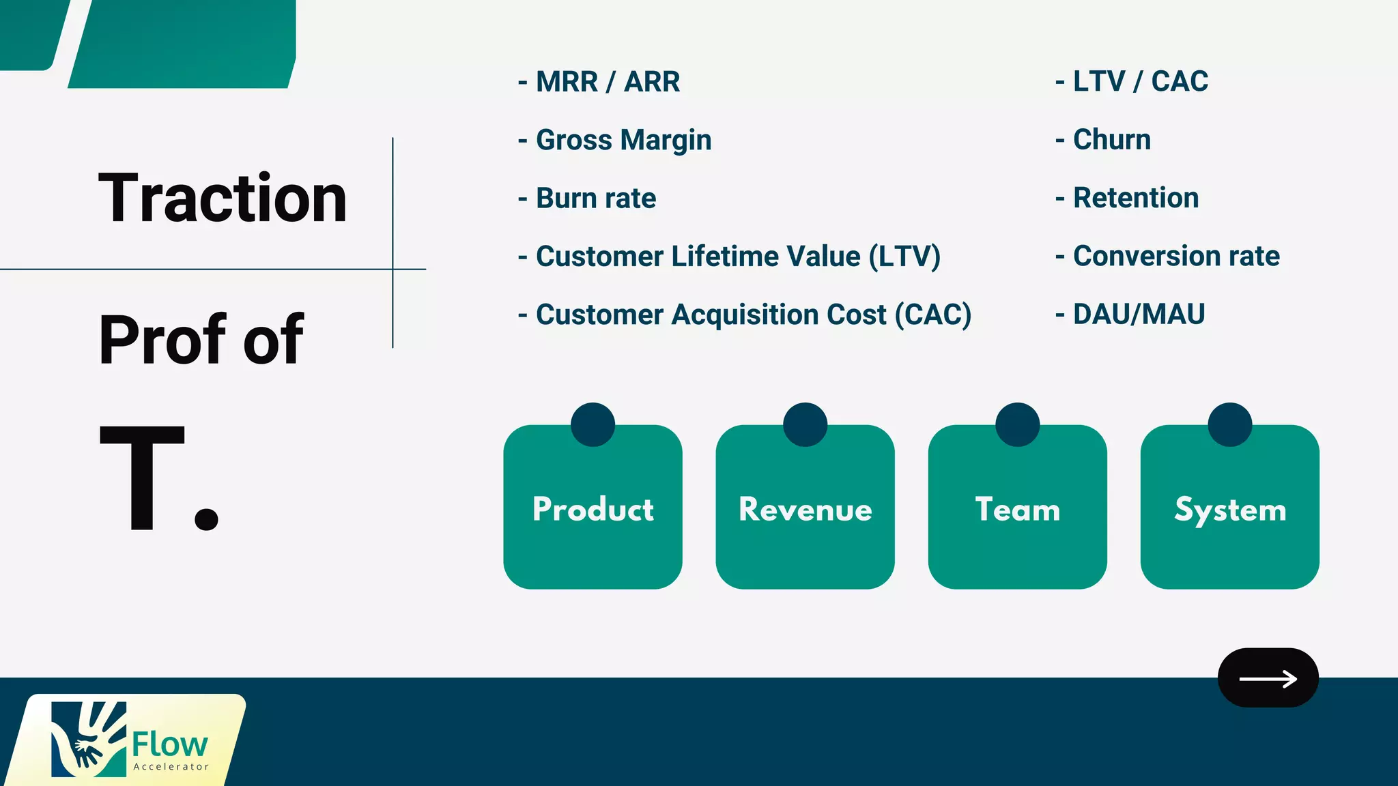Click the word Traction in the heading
[x=223, y=199]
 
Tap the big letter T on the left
[x=142, y=478]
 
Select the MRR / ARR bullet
[x=607, y=82]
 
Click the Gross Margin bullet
[x=623, y=140]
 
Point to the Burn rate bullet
[x=595, y=199]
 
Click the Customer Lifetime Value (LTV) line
[x=737, y=257]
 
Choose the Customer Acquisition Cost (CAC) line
[x=753, y=315]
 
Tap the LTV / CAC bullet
[x=1140, y=81]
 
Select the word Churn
[x=1111, y=140]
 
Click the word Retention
[x=1135, y=198]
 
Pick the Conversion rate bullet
[x=1175, y=256]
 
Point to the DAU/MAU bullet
[x=1139, y=315]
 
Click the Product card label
[x=593, y=510]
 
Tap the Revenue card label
[x=805, y=510]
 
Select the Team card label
[x=1017, y=510]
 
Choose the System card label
[x=1229, y=510]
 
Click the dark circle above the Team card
[x=1017, y=424]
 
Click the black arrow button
[x=1268, y=678]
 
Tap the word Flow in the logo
[x=169, y=744]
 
